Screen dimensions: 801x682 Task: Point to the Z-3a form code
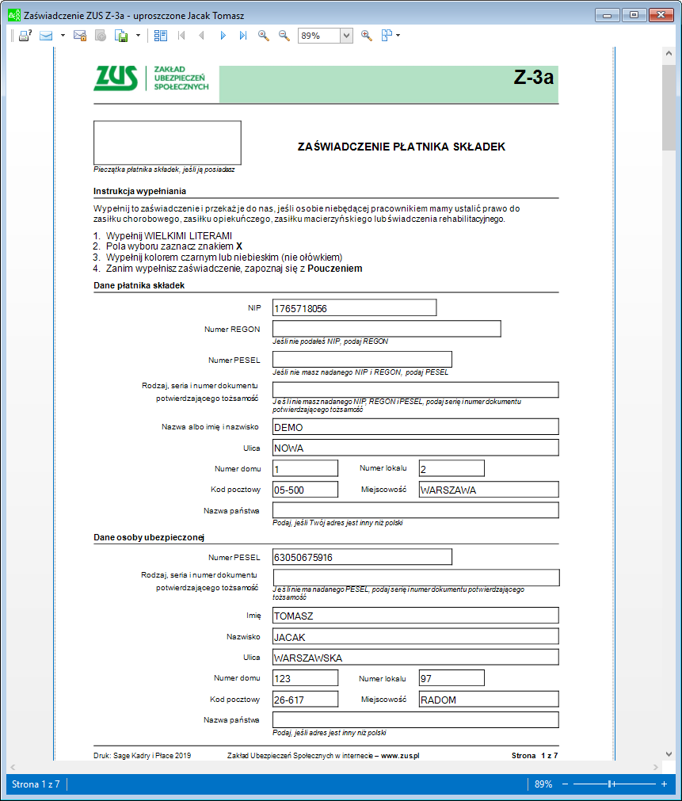[533, 78]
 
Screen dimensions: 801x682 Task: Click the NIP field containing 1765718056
[354, 307]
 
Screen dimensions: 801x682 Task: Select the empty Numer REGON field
[387, 329]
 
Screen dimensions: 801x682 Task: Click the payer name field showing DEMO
[416, 426]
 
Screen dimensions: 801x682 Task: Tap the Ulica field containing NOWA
[416, 448]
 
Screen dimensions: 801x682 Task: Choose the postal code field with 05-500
[305, 490]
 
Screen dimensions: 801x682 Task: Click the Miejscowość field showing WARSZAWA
[489, 490]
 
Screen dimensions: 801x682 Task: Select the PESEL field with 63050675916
[362, 557]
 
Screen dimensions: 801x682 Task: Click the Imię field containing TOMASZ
[416, 616]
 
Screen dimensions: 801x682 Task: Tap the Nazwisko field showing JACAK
[416, 637]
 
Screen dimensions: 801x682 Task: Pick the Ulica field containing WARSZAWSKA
[416, 658]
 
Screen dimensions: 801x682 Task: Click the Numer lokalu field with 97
[451, 678]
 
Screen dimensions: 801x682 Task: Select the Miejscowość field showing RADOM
[489, 700]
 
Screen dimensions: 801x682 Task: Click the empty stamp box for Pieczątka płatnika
[167, 143]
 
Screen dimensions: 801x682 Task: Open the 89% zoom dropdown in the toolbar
[346, 36]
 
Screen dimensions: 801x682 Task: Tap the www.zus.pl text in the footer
[400, 756]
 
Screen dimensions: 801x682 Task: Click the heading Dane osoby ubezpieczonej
[149, 538]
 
